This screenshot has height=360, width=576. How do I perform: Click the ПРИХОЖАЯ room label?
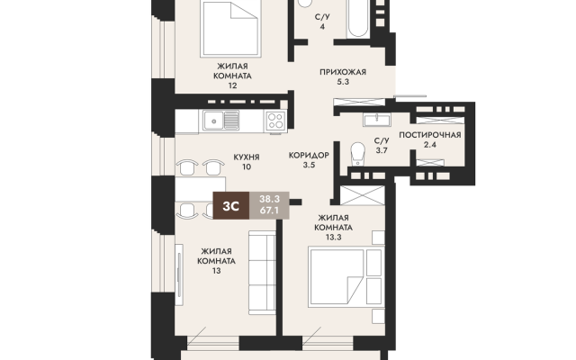coord(343,72)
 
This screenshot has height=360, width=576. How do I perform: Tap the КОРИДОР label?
coord(309,156)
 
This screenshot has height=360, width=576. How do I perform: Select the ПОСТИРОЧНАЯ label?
coord(430,135)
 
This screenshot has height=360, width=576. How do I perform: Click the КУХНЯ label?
coord(247,157)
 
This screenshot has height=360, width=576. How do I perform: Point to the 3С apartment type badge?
coord(231,206)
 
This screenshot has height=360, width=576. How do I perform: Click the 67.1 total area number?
coord(269,211)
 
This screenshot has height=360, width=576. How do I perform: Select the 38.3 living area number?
coord(269,199)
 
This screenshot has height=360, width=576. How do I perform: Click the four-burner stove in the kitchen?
coord(276,121)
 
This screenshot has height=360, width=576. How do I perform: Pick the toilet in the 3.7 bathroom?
coord(357,154)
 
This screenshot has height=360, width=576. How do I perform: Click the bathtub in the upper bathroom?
coord(358,18)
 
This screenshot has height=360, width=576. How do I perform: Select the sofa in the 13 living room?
coord(262,272)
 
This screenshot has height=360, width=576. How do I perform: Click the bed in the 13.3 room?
coord(337,277)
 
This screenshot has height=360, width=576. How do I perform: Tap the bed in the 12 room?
coord(230,28)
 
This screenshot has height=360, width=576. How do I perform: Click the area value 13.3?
coord(333,238)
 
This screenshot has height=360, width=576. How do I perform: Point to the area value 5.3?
coord(343,82)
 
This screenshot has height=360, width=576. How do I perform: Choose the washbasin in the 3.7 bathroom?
coord(376,120)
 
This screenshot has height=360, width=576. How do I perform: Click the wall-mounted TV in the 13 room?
coord(179,274)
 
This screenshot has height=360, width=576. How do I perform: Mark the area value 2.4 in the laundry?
coord(430,145)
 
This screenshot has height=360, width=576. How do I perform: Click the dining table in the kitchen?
coord(200,189)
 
